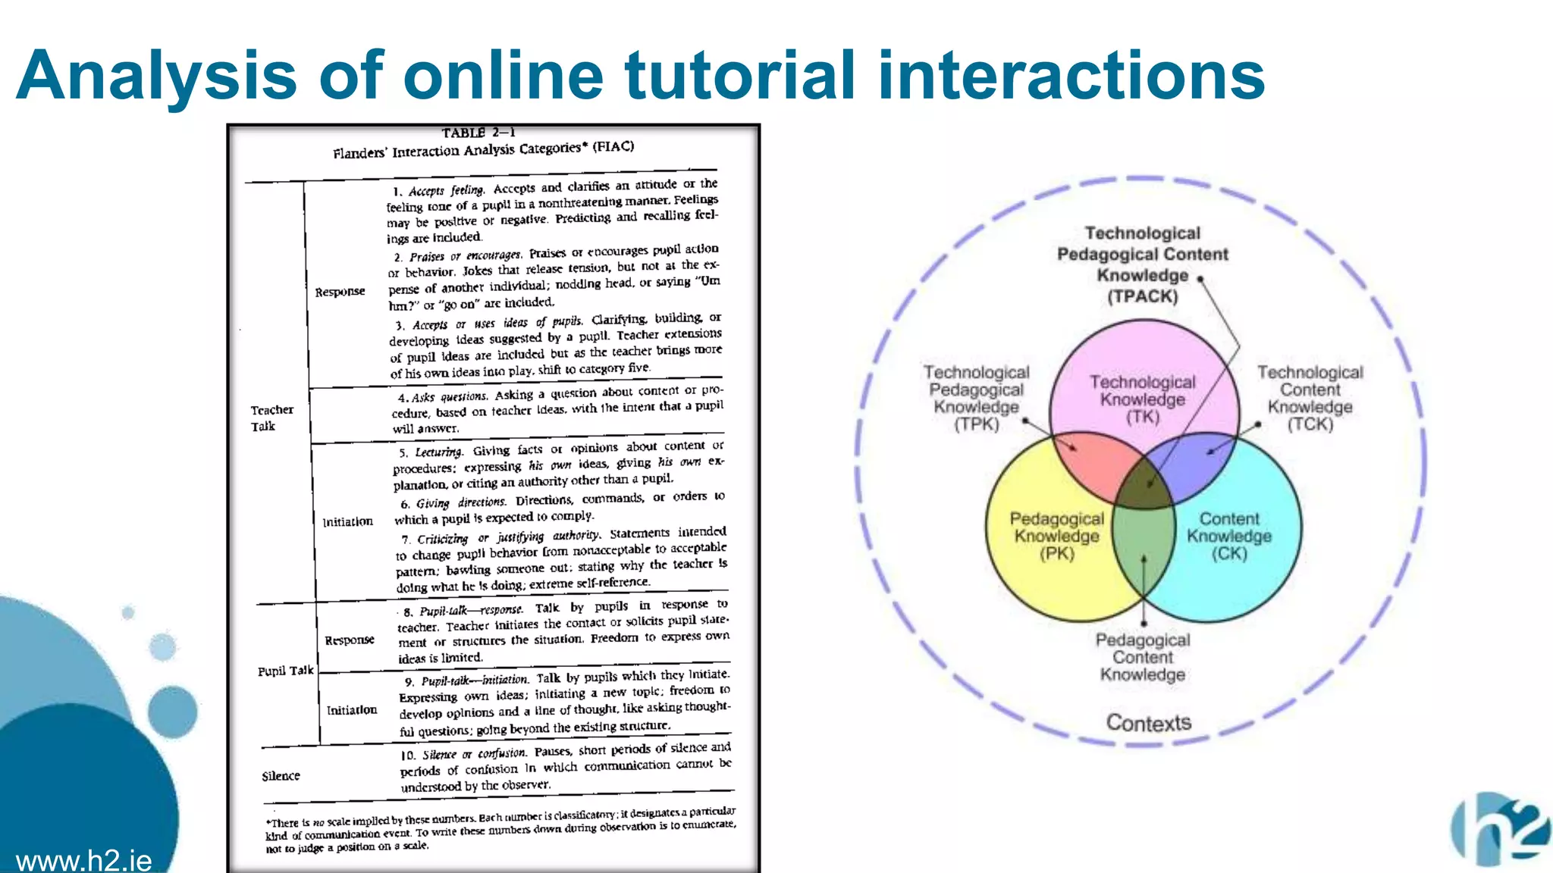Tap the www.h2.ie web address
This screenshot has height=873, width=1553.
83,861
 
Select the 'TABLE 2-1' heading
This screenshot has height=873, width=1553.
478,133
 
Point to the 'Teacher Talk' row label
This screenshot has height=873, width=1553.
271,418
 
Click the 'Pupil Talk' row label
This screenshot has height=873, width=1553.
285,671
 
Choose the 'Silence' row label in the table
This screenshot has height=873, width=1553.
281,776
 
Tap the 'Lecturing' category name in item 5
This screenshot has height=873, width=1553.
438,452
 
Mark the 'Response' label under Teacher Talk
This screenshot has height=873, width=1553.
340,292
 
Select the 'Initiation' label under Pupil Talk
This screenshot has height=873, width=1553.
351,710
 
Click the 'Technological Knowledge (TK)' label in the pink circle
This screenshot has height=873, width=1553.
1142,399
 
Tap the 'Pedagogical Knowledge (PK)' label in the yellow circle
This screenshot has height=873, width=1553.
1056,536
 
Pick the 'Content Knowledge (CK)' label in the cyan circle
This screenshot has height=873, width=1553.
1228,536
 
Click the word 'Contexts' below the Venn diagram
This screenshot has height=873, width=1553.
1148,723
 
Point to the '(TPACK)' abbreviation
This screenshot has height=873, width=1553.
1142,296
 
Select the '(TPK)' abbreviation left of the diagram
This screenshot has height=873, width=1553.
976,424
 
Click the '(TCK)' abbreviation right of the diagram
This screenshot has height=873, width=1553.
1310,424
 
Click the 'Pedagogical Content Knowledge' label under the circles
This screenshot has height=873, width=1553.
1142,657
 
